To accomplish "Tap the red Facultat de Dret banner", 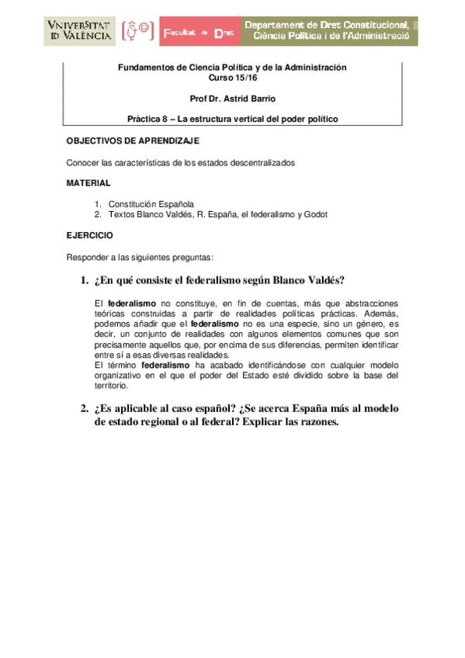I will pos(199,32).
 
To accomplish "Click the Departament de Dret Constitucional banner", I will pos(329,32).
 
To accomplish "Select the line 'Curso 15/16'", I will pos(232,78).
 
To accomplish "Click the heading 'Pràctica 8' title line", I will pos(232,119).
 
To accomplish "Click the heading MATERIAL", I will pos(88,183).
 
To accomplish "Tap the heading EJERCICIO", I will pos(89,234).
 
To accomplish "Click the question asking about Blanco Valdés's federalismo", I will pos(220,280).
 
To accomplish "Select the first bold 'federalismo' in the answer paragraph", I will pos(132,303).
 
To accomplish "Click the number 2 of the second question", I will pos(84,409).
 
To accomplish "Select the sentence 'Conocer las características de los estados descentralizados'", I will pos(181,162).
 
